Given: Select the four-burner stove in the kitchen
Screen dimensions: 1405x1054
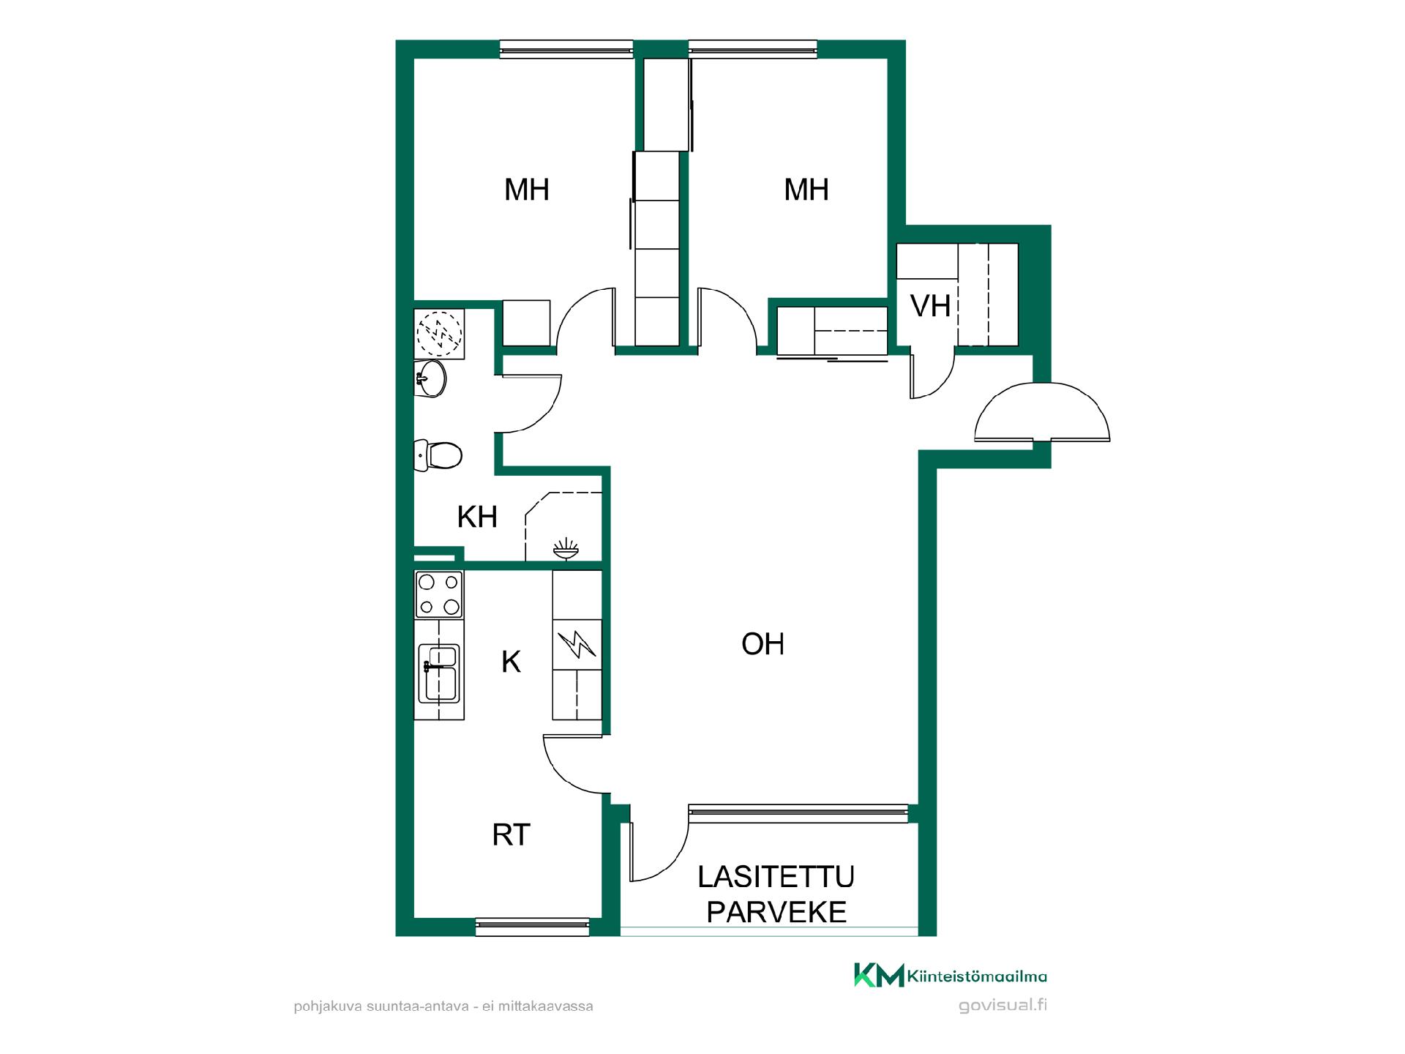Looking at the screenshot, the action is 439,594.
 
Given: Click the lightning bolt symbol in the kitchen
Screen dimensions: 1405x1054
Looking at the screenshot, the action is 577,644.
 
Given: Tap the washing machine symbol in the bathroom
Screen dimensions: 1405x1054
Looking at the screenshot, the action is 440,334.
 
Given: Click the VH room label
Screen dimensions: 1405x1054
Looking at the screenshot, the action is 930,306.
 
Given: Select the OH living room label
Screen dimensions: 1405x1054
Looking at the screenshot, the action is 763,644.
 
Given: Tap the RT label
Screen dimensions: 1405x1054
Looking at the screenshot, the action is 511,834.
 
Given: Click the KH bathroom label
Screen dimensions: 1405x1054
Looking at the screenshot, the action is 477,517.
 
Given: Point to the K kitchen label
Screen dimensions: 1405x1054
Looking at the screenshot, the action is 511,662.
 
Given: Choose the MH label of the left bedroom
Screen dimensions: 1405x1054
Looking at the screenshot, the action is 527,190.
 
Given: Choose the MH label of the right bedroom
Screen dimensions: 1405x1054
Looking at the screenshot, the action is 806,190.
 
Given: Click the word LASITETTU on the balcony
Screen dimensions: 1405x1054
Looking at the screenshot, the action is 776,876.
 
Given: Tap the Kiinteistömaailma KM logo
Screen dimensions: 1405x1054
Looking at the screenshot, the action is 950,976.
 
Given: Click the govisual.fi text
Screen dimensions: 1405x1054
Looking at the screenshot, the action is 1003,1005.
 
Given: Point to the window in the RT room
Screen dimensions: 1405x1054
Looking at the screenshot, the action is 533,926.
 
